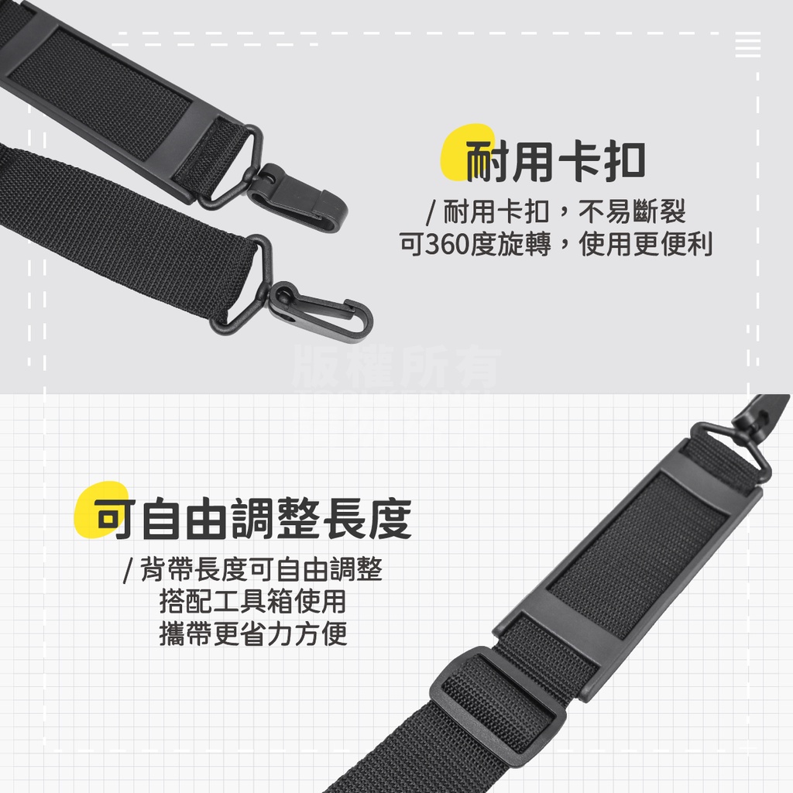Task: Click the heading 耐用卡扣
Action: click(555, 161)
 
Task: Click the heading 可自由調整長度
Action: click(253, 518)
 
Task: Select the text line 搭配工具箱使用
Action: click(253, 601)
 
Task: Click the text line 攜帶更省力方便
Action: click(253, 633)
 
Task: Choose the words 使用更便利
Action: click(645, 244)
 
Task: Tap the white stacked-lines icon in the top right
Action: click(748, 44)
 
